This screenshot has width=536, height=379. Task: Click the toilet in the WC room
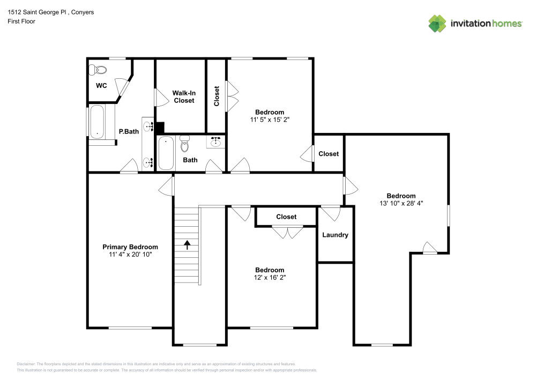coord(98,70)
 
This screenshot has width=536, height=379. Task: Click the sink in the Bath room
coord(216,142)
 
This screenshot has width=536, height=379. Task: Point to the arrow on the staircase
coord(187,245)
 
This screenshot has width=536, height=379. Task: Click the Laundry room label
coord(335,235)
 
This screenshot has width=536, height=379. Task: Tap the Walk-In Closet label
coord(183,96)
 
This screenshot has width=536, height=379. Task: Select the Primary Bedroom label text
coord(130,247)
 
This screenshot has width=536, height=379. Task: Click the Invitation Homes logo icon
coord(437,24)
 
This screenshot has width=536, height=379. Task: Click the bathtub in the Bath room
coord(166,153)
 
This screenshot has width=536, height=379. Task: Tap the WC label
coord(101,85)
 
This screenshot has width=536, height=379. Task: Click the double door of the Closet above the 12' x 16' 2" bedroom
coord(287,233)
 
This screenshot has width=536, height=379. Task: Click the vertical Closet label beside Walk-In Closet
coord(217,96)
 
